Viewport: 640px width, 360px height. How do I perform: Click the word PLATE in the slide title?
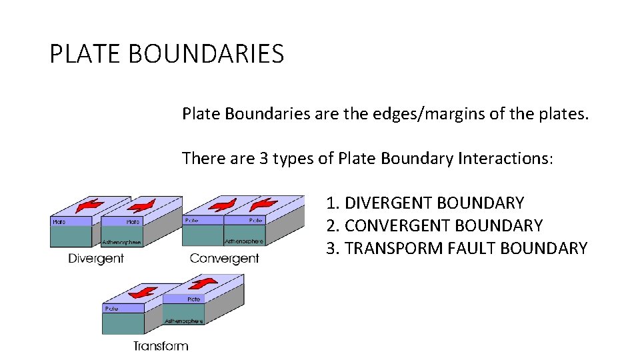(x=85, y=54)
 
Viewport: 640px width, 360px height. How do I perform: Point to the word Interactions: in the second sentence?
(x=506, y=159)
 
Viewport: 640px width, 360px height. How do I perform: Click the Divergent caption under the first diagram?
(x=96, y=258)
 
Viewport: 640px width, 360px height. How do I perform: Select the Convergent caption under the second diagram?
(x=224, y=258)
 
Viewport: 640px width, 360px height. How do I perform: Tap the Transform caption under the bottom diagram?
(x=160, y=346)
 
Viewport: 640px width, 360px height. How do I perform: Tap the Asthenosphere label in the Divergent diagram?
(x=121, y=242)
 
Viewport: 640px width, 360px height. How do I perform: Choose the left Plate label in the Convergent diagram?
(x=191, y=220)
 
